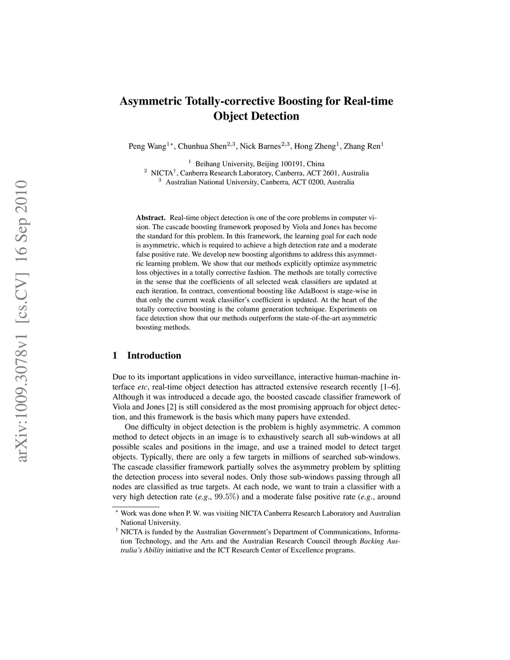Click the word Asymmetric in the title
click(x=151, y=102)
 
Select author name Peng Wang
click(x=147, y=146)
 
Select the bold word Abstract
click(x=150, y=218)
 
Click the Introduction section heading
click(x=154, y=356)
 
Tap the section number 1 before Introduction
click(x=115, y=356)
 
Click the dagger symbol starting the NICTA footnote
click(x=116, y=531)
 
